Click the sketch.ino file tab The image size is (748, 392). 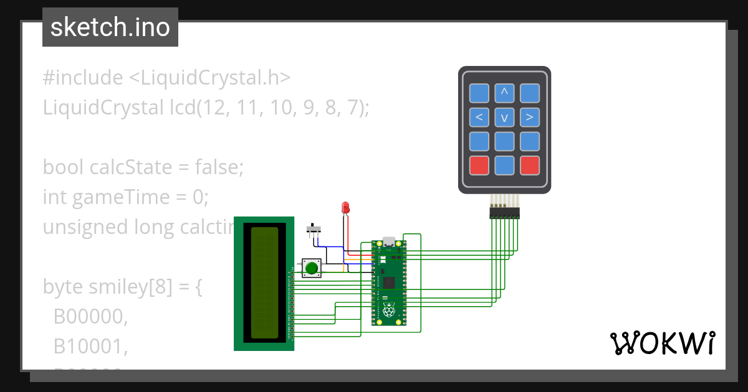[x=110, y=27]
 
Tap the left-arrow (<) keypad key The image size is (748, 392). [x=479, y=117]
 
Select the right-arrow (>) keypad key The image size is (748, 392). [x=529, y=117]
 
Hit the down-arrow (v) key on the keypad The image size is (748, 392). [x=504, y=117]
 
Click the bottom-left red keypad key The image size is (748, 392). [x=479, y=165]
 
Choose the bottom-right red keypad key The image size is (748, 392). [x=529, y=165]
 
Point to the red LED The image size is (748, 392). [x=345, y=208]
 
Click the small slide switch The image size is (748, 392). [x=314, y=228]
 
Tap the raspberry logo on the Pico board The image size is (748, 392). [x=389, y=310]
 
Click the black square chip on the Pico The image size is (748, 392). [x=390, y=283]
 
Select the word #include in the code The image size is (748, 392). [x=83, y=78]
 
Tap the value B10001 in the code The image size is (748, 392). [x=90, y=347]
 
